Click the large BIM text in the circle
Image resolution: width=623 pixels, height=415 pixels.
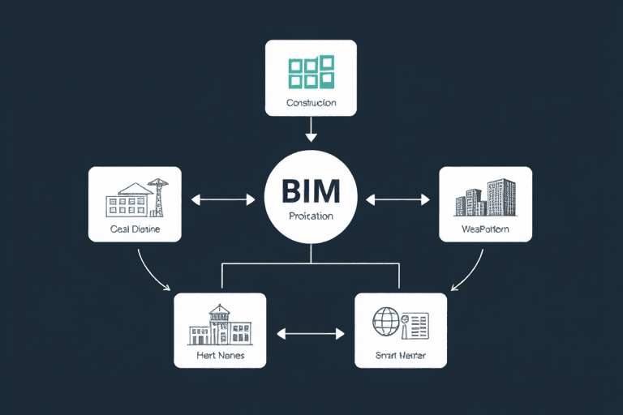coord(311,191)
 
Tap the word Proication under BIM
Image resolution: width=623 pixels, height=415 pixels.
coord(311,216)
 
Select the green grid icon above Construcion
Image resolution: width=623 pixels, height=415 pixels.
coord(311,72)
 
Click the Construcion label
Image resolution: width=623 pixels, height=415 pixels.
coord(311,104)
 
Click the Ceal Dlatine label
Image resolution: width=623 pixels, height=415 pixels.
coord(135,229)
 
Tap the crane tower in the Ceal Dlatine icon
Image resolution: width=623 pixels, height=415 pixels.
coord(158,197)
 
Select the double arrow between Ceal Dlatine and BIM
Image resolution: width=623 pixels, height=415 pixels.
coord(222,198)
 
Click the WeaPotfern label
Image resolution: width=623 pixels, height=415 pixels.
coord(485,229)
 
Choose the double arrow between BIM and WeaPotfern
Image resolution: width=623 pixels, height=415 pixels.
coord(397,198)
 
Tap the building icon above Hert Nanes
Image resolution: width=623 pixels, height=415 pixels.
coord(220,324)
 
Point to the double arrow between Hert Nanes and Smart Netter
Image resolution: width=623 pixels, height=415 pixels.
coord(311,332)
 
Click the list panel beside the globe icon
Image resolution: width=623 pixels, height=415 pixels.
coord(416,324)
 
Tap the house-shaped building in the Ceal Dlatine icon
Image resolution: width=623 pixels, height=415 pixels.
coord(130,199)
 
